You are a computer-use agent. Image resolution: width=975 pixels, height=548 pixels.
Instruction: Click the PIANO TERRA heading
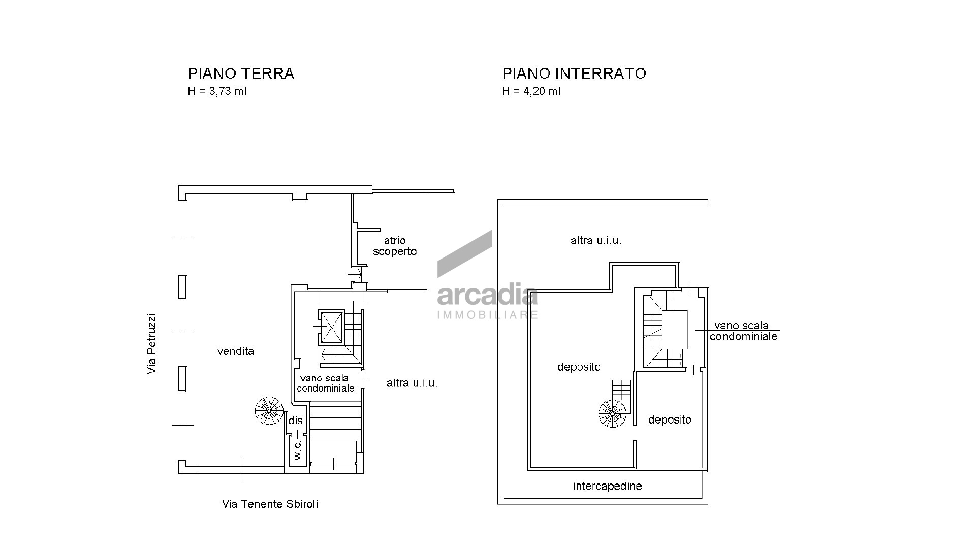(x=241, y=74)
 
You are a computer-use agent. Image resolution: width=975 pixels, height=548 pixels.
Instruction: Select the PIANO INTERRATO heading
(x=574, y=74)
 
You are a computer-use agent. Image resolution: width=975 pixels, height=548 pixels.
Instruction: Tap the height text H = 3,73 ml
(x=217, y=92)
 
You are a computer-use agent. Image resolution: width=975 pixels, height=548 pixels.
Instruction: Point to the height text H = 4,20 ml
(x=531, y=92)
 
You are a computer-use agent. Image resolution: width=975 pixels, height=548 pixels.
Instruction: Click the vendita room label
(x=236, y=351)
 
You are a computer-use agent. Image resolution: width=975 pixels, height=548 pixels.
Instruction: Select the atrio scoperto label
(x=395, y=246)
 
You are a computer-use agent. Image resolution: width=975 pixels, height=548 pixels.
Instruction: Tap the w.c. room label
(x=298, y=449)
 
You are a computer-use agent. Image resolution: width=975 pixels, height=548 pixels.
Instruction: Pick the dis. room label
(x=297, y=421)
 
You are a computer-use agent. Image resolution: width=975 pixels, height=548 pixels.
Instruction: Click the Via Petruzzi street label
(x=151, y=345)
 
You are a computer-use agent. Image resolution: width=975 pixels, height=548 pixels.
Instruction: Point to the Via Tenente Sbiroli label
(x=270, y=504)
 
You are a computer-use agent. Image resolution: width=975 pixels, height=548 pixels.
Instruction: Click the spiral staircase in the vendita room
(x=269, y=410)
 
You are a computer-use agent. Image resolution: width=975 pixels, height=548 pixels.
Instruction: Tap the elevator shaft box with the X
(x=331, y=327)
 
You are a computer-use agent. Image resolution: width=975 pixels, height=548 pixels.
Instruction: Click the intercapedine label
(x=608, y=487)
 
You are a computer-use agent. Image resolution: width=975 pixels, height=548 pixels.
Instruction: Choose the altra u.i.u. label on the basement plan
(x=596, y=241)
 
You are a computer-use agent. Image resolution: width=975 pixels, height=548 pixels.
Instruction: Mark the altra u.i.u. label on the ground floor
(x=412, y=383)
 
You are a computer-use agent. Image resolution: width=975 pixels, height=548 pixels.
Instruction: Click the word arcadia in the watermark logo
(x=487, y=296)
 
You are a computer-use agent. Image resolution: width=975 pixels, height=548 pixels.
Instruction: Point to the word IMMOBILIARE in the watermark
(x=488, y=315)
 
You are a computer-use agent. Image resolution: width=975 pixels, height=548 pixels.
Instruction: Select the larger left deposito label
(x=579, y=367)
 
